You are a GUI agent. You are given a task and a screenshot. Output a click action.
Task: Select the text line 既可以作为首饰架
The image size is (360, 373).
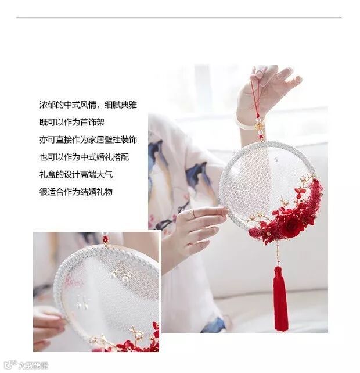click(72, 122)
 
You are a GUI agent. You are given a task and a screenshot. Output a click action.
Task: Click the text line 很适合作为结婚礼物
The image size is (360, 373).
click(76, 192)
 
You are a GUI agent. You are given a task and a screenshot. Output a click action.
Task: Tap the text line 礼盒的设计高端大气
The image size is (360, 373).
click(76, 174)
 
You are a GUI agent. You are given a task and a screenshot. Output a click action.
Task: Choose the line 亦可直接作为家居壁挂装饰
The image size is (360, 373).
click(88, 139)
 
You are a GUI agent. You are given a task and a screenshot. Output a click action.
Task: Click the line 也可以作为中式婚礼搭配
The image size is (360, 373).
click(84, 157)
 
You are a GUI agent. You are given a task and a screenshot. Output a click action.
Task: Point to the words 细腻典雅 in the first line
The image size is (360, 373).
click(121, 105)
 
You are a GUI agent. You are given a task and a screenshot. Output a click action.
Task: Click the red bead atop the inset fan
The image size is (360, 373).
click(105, 239)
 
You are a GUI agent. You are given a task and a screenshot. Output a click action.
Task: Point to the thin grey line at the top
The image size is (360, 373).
click(179, 17)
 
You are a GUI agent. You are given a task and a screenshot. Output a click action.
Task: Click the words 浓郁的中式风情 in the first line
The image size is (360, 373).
click(68, 105)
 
